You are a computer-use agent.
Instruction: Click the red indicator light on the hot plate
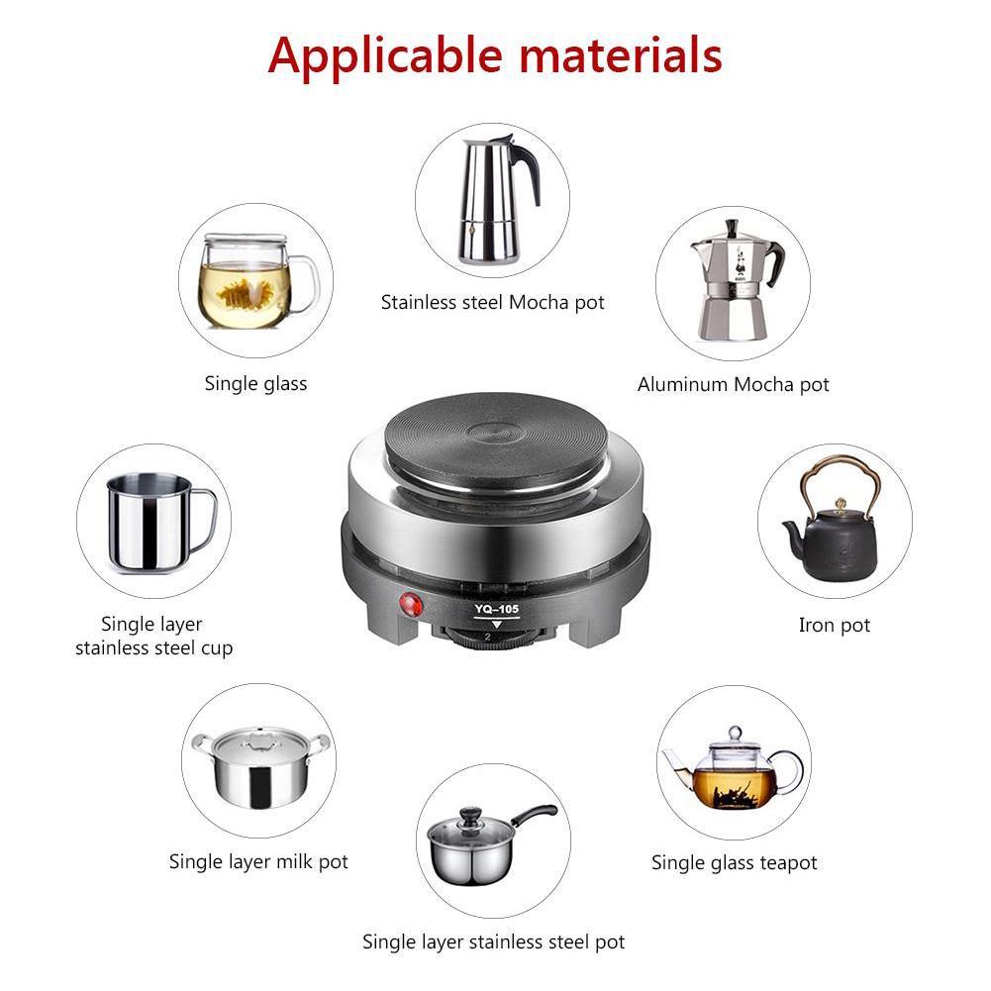(x=408, y=602)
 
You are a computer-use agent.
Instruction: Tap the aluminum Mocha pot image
(x=734, y=282)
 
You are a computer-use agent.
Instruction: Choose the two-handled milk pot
(x=260, y=767)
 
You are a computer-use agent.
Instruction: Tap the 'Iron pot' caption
(x=834, y=626)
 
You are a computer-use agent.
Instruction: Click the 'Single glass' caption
(x=255, y=384)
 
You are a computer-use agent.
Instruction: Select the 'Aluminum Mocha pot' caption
(x=733, y=385)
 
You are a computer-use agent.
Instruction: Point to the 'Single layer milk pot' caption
(x=258, y=862)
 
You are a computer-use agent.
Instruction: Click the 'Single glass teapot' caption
(x=734, y=863)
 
